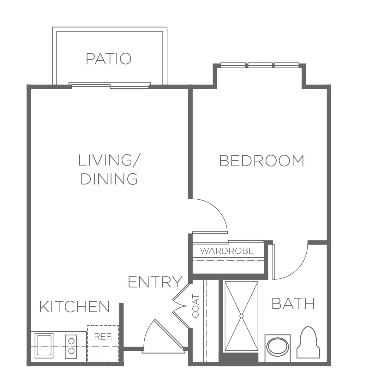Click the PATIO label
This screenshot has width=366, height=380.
pyautogui.click(x=109, y=58)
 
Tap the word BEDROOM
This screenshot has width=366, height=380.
pyautogui.click(x=262, y=161)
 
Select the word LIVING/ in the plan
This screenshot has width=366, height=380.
pyautogui.click(x=109, y=160)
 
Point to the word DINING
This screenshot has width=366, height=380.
pyautogui.click(x=109, y=179)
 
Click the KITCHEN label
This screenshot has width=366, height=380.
pyautogui.click(x=75, y=307)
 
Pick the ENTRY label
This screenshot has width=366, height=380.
pyautogui.click(x=155, y=282)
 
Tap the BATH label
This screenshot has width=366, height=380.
pyautogui.click(x=293, y=304)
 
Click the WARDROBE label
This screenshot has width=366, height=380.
pyautogui.click(x=227, y=251)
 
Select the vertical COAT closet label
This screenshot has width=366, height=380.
pyautogui.click(x=195, y=306)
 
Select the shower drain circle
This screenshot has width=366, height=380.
pyautogui.click(x=242, y=316)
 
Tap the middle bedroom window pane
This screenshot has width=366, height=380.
pyautogui.click(x=260, y=65)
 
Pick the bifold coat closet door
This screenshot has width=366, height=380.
pyautogui.click(x=181, y=306)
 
